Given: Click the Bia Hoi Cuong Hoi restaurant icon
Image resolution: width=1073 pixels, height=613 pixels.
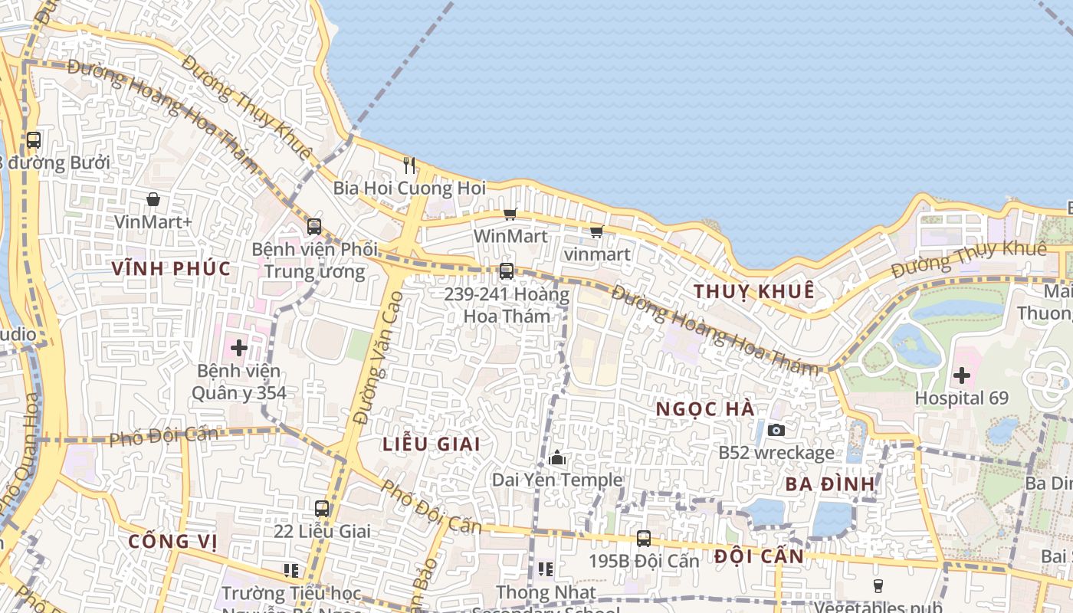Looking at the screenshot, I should [409, 165].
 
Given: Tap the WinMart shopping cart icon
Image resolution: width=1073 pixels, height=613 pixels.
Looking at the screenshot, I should [510, 215].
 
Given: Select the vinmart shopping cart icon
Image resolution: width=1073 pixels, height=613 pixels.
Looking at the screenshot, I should [596, 231].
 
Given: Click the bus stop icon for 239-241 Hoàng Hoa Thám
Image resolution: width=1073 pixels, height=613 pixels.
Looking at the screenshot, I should [506, 270].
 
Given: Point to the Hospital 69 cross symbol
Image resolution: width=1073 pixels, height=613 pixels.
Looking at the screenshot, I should [961, 375].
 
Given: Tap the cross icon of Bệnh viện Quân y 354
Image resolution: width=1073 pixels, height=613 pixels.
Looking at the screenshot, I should [239, 348].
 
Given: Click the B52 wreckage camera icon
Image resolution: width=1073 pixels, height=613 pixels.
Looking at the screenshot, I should [776, 430].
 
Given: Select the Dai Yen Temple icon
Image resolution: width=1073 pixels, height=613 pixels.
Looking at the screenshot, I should [557, 458].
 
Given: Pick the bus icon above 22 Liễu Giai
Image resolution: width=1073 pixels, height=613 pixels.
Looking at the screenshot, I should [322, 508].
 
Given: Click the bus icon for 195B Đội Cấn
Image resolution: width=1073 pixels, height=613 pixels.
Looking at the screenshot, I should [644, 539].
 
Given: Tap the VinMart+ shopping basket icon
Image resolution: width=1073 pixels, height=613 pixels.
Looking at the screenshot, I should [153, 199].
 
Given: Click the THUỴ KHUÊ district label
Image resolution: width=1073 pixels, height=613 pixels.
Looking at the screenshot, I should [753, 291].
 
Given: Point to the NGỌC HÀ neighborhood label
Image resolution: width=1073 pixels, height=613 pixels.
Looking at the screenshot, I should [705, 409].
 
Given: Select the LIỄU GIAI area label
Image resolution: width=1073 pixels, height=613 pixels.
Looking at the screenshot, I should [431, 444].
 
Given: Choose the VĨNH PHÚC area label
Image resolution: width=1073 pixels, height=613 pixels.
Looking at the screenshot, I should [171, 268].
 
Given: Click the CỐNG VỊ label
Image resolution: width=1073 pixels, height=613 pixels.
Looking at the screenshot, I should [172, 541].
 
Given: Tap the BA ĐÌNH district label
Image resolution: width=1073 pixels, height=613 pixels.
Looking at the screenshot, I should [830, 484].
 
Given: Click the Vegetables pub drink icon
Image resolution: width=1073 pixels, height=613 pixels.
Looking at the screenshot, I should [878, 586].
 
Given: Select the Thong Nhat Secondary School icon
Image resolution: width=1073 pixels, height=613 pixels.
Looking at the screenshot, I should [546, 569].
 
